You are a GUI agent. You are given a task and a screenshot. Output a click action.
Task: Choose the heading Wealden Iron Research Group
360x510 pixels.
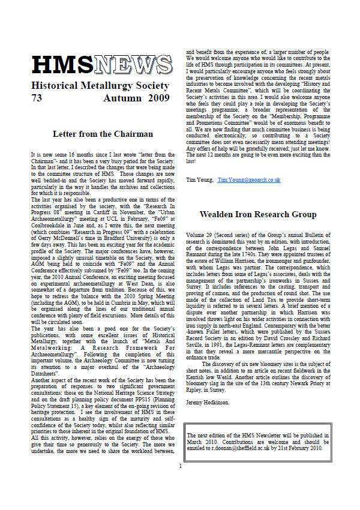coord(257,214)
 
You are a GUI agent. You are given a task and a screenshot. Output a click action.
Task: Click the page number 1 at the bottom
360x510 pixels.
coord(180,482)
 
